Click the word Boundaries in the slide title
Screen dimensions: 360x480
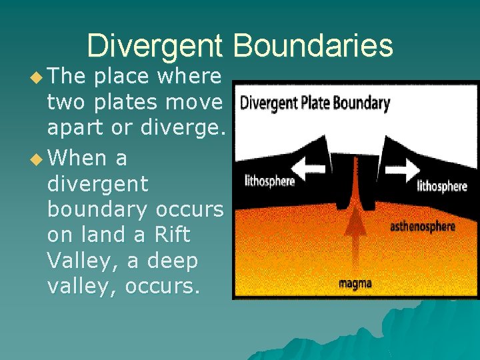(x=313, y=46)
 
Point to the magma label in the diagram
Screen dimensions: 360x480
(x=355, y=283)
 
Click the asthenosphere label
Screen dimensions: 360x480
(x=423, y=227)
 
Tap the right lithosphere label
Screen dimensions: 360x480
(x=441, y=186)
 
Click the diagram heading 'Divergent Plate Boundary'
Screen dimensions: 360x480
(x=314, y=103)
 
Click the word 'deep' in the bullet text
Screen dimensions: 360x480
(x=171, y=261)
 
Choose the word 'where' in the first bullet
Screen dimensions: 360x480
(x=188, y=77)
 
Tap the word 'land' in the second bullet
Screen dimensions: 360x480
(x=108, y=235)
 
